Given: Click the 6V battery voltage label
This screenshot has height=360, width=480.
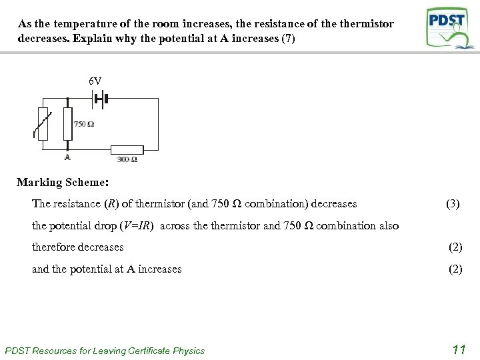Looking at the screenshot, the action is click(95, 81).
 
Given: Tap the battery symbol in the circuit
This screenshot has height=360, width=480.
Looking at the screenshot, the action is click(101, 99).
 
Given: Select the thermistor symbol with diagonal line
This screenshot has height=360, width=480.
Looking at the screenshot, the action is click(43, 124).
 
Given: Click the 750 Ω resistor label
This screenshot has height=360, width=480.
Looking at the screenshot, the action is click(84, 124).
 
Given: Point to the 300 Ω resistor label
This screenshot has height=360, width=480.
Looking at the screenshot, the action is click(127, 160).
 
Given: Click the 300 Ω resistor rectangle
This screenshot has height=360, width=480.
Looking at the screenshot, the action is click(127, 149).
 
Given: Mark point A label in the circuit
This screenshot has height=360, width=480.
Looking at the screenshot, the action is click(67, 157).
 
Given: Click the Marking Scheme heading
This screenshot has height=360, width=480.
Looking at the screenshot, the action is click(63, 182).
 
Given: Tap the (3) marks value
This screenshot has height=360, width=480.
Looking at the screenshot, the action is click(453, 204).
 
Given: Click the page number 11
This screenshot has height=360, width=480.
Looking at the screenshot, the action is click(458, 349).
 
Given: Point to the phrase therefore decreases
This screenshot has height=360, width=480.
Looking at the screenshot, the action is click(78, 247).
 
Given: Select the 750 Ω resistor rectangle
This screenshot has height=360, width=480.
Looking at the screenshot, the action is click(67, 124).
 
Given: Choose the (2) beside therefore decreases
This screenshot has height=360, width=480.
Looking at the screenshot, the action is click(455, 247).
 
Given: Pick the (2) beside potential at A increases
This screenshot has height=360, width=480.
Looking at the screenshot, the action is click(455, 269).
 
